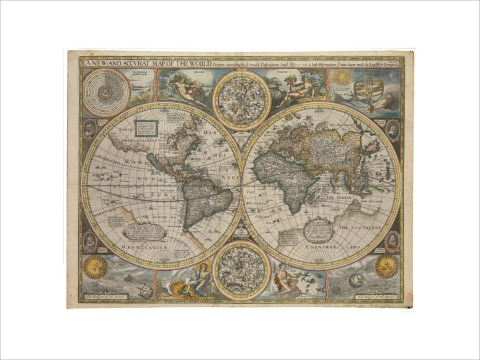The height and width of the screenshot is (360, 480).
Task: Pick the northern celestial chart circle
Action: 241,100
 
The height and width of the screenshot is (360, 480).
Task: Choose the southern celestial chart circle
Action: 241,271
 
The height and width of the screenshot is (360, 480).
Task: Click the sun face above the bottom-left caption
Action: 95,267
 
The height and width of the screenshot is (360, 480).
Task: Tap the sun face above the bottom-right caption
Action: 386,266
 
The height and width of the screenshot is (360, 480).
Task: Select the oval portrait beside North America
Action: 90,129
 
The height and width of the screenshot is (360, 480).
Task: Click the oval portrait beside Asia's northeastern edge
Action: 393,130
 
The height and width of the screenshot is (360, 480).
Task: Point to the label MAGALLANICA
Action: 143,247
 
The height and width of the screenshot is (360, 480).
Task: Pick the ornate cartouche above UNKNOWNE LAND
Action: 319,230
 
